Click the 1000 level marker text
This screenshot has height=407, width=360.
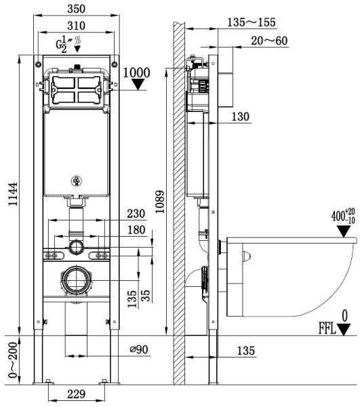pyautogui.click(x=138, y=72)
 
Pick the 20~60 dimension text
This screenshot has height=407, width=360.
pyautogui.click(x=268, y=41)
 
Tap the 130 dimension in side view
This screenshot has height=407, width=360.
pyautogui.click(x=240, y=117)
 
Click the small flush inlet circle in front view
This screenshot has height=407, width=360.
pyautogui.click(x=77, y=245)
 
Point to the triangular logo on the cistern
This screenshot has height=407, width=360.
pyautogui.click(x=77, y=180)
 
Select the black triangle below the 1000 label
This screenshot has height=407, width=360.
pyautogui.click(x=138, y=85)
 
